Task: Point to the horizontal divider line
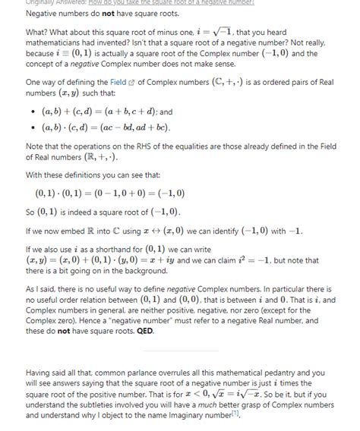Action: [180, 351]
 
